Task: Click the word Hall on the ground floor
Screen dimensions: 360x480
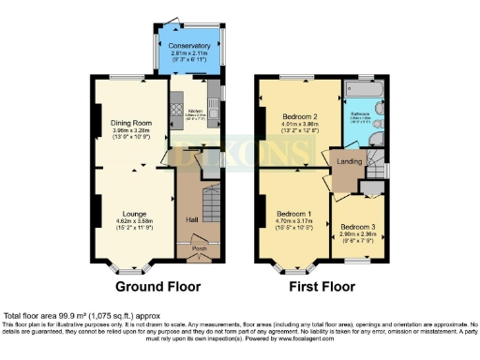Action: [x=192, y=218]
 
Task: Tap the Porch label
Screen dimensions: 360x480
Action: [x=199, y=248]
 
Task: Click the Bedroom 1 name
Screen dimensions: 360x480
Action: [x=296, y=213]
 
